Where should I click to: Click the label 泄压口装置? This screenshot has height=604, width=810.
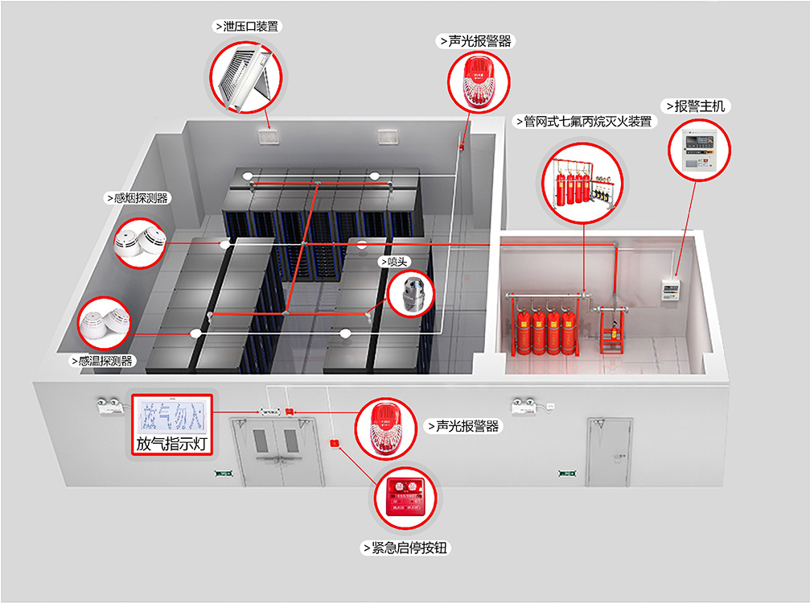tap(248, 26)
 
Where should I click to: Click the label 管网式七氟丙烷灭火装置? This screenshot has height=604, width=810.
tap(582, 122)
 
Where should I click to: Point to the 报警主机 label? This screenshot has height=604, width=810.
tap(696, 105)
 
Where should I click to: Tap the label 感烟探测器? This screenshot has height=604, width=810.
tap(137, 197)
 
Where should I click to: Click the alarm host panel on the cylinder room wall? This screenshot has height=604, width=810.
tap(670, 288)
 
